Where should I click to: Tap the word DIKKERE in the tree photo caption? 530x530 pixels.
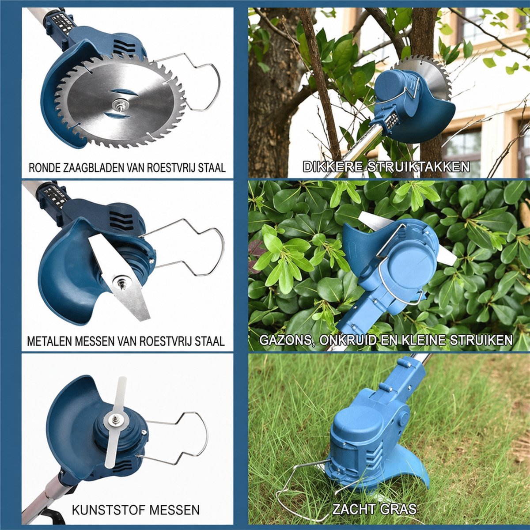click(333, 167)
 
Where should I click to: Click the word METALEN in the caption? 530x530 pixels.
click(49, 341)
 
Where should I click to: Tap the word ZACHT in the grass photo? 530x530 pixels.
click(353, 494)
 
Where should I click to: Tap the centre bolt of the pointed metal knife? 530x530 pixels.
click(121, 283)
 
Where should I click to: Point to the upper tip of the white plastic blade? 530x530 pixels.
click(122, 378)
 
